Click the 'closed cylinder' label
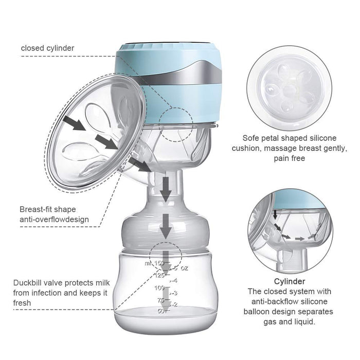pos(47,48)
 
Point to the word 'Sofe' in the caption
pos(251,138)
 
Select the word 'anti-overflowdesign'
pos(54,220)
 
